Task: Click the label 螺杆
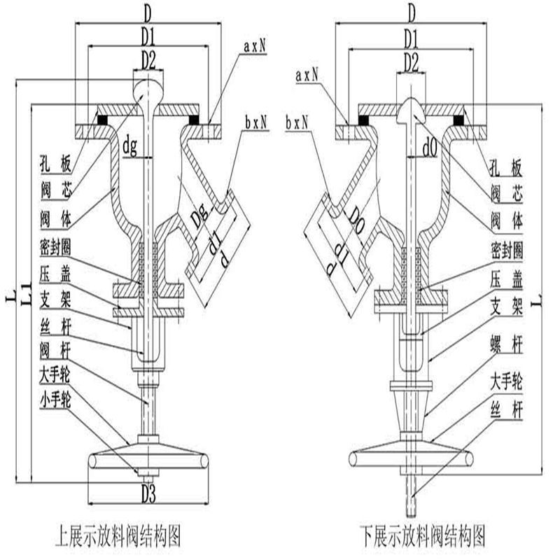[507, 346]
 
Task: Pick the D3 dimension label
[148, 492]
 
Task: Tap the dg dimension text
[130, 147]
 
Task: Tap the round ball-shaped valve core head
[148, 87]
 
